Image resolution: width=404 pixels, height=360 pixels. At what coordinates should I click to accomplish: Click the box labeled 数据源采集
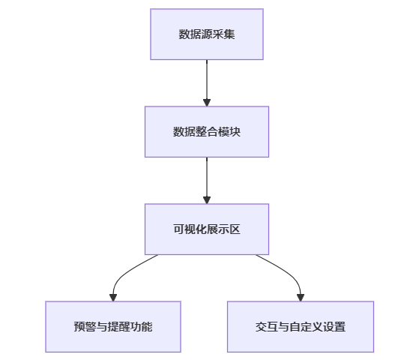pyautogui.click(x=207, y=34)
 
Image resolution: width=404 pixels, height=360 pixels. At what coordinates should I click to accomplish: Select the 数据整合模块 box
pyautogui.click(x=207, y=132)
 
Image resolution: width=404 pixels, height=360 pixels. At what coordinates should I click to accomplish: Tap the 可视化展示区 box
pyautogui.click(x=207, y=229)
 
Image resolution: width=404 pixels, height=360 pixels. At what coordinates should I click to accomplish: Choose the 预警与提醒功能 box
pyautogui.click(x=113, y=327)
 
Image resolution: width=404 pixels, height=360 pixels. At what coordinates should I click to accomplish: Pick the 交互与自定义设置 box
pyautogui.click(x=301, y=327)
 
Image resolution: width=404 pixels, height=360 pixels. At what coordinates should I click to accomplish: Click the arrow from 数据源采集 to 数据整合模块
pyautogui.click(x=207, y=83)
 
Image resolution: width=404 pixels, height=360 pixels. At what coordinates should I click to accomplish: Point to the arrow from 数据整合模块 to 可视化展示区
pyautogui.click(x=207, y=181)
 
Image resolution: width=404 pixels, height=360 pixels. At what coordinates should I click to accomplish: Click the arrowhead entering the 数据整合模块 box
pyautogui.click(x=207, y=103)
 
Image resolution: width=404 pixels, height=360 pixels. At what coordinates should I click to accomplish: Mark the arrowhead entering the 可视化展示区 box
pyautogui.click(x=207, y=199)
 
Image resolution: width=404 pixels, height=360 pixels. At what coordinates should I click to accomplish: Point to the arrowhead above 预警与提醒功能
pyautogui.click(x=113, y=298)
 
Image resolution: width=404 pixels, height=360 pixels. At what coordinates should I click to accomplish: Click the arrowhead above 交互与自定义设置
pyautogui.click(x=301, y=298)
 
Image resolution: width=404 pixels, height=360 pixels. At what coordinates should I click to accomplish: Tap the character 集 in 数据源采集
pyautogui.click(x=229, y=34)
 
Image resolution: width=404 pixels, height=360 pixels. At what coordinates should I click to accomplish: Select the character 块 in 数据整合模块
pyautogui.click(x=235, y=132)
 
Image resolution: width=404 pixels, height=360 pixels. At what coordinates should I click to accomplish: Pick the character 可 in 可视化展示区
pyautogui.click(x=179, y=229)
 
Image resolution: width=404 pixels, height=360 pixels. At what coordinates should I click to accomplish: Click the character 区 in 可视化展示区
pyautogui.click(x=235, y=229)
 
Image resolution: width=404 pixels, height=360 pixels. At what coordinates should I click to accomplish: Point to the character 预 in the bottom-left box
pyautogui.click(x=79, y=327)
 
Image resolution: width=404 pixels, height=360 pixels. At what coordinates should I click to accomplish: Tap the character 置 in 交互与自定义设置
pyautogui.click(x=340, y=327)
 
